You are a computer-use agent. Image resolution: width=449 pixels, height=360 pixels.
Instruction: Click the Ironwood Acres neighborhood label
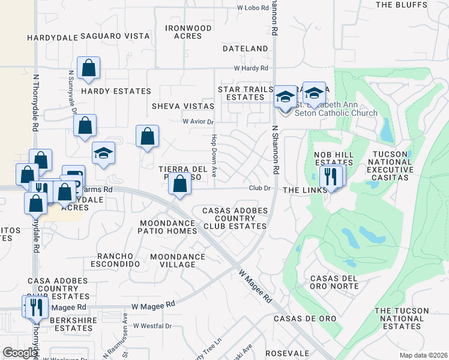click(188, 32)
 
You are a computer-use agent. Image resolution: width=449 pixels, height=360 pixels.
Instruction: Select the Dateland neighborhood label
click(245, 48)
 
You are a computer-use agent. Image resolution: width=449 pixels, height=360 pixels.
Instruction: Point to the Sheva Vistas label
click(182, 106)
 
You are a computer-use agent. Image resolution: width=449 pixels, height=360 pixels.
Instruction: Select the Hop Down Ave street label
click(213, 155)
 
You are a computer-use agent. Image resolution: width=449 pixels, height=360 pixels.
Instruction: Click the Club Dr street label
click(261, 188)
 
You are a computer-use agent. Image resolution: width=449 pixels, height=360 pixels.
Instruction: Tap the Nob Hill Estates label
click(333, 158)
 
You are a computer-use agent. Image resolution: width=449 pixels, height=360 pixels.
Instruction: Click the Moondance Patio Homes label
click(167, 227)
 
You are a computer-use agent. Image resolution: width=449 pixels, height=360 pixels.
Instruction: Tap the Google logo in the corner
click(19, 353)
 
